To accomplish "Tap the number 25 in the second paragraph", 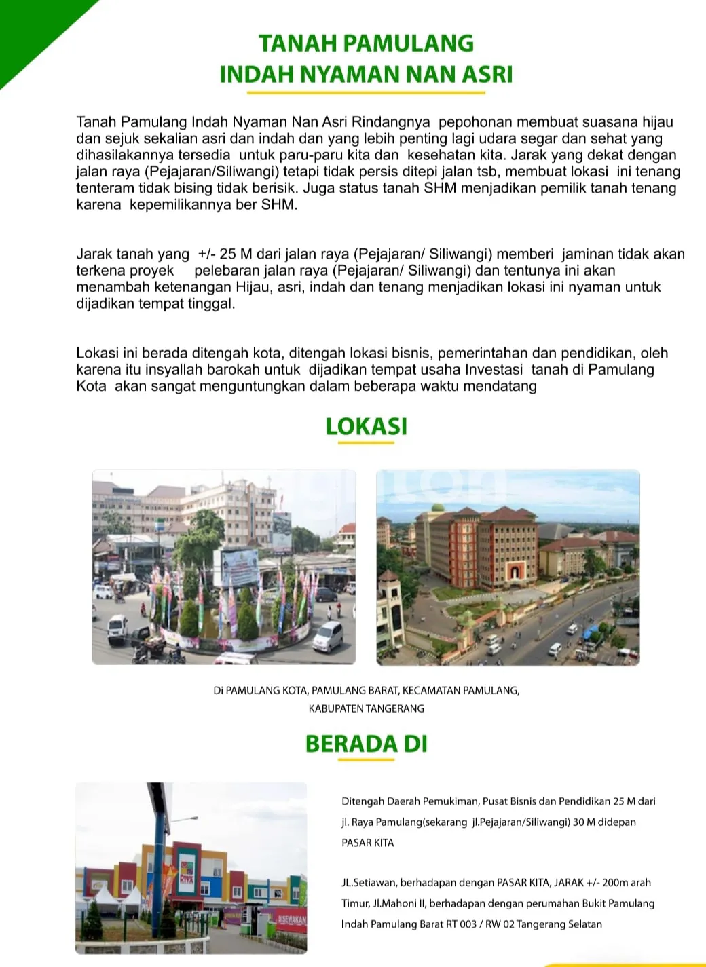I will click(227, 254).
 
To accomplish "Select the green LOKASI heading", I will click(366, 426).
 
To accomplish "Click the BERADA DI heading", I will click(366, 744).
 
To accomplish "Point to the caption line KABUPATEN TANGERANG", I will click(366, 708).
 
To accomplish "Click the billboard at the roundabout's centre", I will click(236, 566).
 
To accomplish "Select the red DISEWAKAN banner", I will click(292, 921).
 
